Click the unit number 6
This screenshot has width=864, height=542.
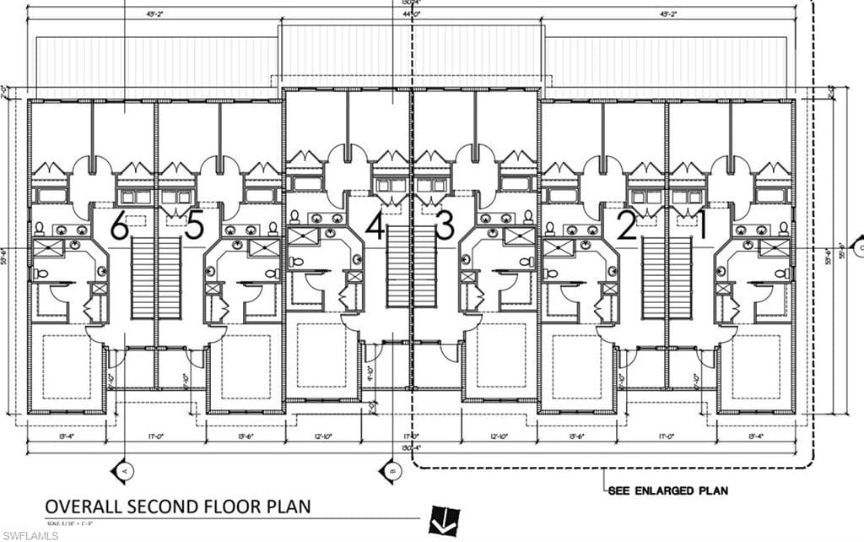tap(119, 226)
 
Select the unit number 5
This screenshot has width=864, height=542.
tap(194, 226)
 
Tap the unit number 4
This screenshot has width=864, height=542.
tap(375, 226)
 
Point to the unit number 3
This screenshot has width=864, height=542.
tap(445, 226)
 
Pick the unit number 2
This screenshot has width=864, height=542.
tap(625, 226)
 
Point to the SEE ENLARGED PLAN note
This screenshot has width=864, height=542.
tap(667, 490)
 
